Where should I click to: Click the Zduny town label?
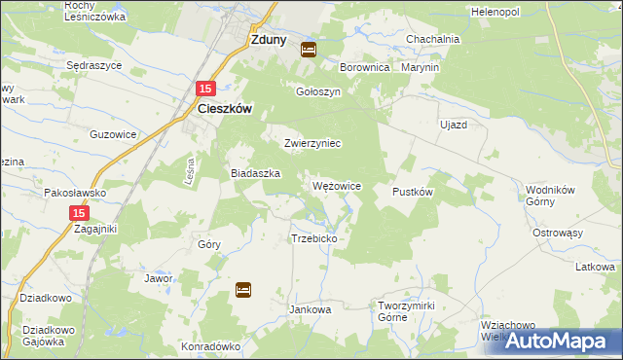pyautogui.click(x=268, y=41)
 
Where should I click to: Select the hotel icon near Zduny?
pyautogui.click(x=309, y=49)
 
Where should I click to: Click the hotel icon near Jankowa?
pyautogui.click(x=243, y=289)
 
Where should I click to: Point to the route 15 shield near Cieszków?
pyautogui.click(x=204, y=89)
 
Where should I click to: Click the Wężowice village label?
pyautogui.click(x=338, y=185)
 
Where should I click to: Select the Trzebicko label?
pyautogui.click(x=313, y=238)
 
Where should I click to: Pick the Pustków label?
pyautogui.click(x=412, y=192)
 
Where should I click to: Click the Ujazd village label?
pyautogui.click(x=454, y=126)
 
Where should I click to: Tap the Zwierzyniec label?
pyautogui.click(x=311, y=143)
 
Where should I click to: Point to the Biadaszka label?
pyautogui.click(x=255, y=173)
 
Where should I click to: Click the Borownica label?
pyautogui.click(x=364, y=68)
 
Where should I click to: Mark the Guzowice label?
pyautogui.click(x=110, y=134)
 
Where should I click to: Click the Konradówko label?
pyautogui.click(x=210, y=345)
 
